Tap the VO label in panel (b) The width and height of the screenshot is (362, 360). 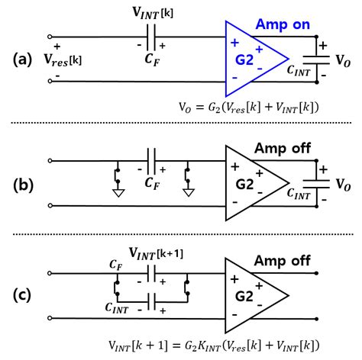341,183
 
